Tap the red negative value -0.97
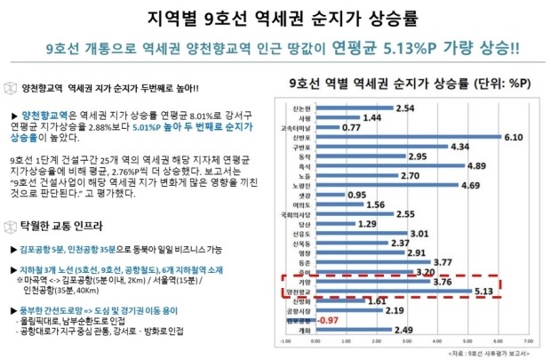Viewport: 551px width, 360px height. click(x=329, y=319)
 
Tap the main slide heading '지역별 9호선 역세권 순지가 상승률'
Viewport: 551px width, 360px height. click(x=275, y=17)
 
